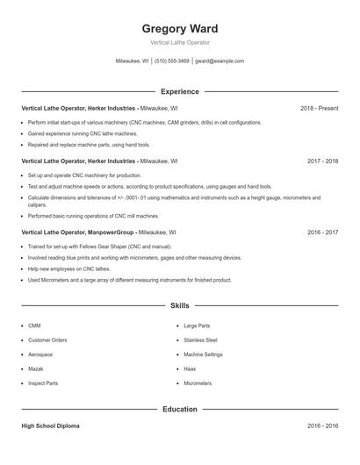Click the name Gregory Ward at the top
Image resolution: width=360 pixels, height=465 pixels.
[x=180, y=29]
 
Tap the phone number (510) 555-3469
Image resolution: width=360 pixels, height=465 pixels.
[x=171, y=61]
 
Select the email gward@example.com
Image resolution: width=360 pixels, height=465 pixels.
[x=220, y=61]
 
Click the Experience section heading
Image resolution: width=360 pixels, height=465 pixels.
[x=180, y=91]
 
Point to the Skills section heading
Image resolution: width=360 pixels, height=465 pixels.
[x=180, y=306]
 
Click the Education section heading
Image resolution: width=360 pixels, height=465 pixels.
[x=180, y=409]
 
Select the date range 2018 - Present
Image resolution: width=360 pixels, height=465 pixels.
[x=319, y=108]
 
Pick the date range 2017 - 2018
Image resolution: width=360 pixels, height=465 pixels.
[x=322, y=161]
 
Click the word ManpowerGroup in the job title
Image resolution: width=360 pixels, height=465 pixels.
[x=111, y=232]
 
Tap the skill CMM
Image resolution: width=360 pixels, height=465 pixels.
[x=34, y=325]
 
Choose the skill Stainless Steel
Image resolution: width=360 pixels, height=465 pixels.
[x=200, y=340]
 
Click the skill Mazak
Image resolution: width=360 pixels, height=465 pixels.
[x=36, y=368]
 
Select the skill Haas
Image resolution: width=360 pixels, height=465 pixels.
[x=190, y=368]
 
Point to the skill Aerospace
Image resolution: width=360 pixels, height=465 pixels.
[x=40, y=354]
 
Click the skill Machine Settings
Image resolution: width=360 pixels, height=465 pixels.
[x=203, y=354]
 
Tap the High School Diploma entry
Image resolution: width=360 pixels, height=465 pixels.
[x=50, y=426]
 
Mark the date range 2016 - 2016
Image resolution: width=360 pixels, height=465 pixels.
[x=322, y=426]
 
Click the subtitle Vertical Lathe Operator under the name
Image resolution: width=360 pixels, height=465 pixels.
[x=180, y=42]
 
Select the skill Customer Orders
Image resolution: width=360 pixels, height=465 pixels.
[x=47, y=340]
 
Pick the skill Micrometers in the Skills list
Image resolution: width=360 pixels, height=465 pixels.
[x=198, y=383]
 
